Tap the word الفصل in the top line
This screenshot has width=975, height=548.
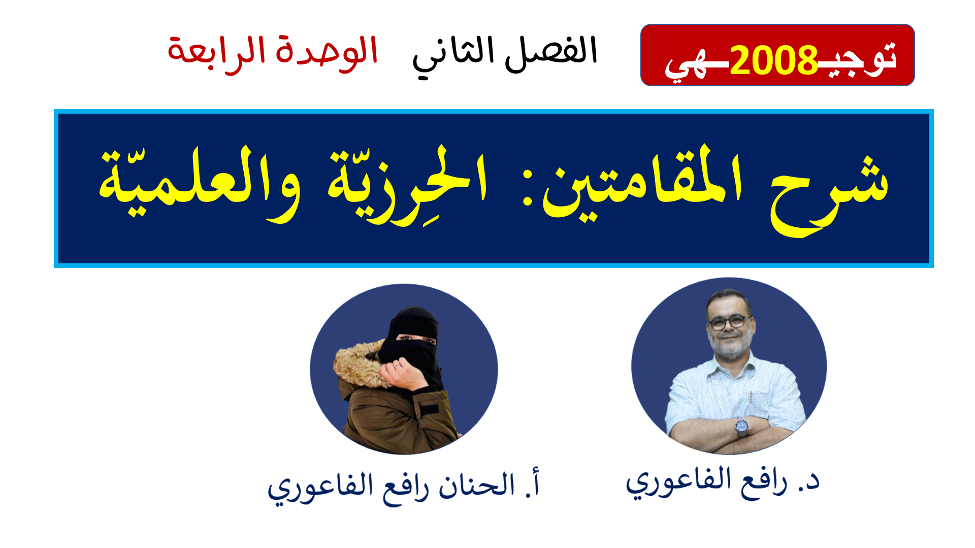pos(551,52)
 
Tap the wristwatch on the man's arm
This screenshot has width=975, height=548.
pos(742,427)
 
